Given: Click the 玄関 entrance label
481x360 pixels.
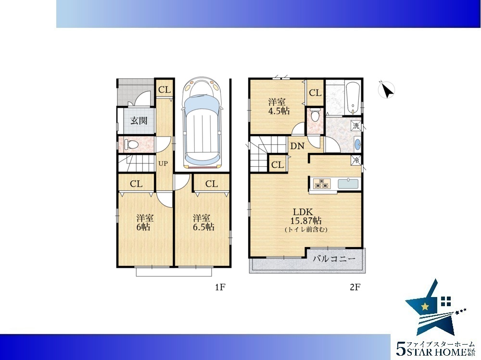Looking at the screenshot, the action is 139,121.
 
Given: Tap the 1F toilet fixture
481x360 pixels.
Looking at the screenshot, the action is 131,144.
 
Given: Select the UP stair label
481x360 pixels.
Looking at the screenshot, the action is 163,164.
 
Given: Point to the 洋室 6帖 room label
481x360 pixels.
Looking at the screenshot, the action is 145,223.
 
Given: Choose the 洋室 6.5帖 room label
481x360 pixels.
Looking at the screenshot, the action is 203,223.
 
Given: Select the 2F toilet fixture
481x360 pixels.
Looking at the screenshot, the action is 315,116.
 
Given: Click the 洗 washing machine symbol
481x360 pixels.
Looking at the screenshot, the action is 356,125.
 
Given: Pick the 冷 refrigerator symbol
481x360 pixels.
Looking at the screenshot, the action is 356,160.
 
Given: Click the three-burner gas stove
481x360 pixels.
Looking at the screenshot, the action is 322,184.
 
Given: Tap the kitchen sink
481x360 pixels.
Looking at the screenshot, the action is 348,184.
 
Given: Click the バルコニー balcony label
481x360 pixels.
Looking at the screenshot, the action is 334,259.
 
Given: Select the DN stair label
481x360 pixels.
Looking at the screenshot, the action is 297,146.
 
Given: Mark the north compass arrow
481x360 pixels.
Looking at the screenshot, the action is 387,90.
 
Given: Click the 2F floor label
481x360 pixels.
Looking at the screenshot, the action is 355,287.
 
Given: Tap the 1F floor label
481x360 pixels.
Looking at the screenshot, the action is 220,287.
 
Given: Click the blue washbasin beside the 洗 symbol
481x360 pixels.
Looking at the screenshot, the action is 357,144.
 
